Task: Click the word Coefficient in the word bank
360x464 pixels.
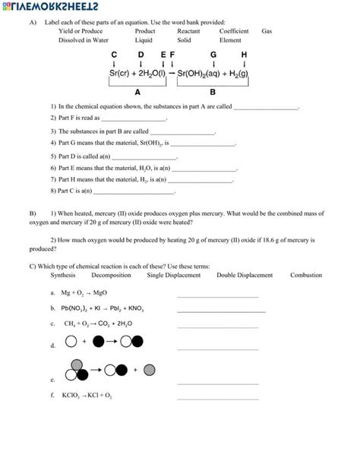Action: (234, 31)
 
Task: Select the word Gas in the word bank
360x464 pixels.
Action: (267, 31)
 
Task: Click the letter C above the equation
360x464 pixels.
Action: (114, 55)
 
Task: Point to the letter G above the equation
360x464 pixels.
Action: (213, 55)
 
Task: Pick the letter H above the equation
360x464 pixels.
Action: (244, 55)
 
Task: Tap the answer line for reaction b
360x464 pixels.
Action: (221, 311)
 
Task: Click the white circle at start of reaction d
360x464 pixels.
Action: (71, 342)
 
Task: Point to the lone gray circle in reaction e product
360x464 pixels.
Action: (150, 370)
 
